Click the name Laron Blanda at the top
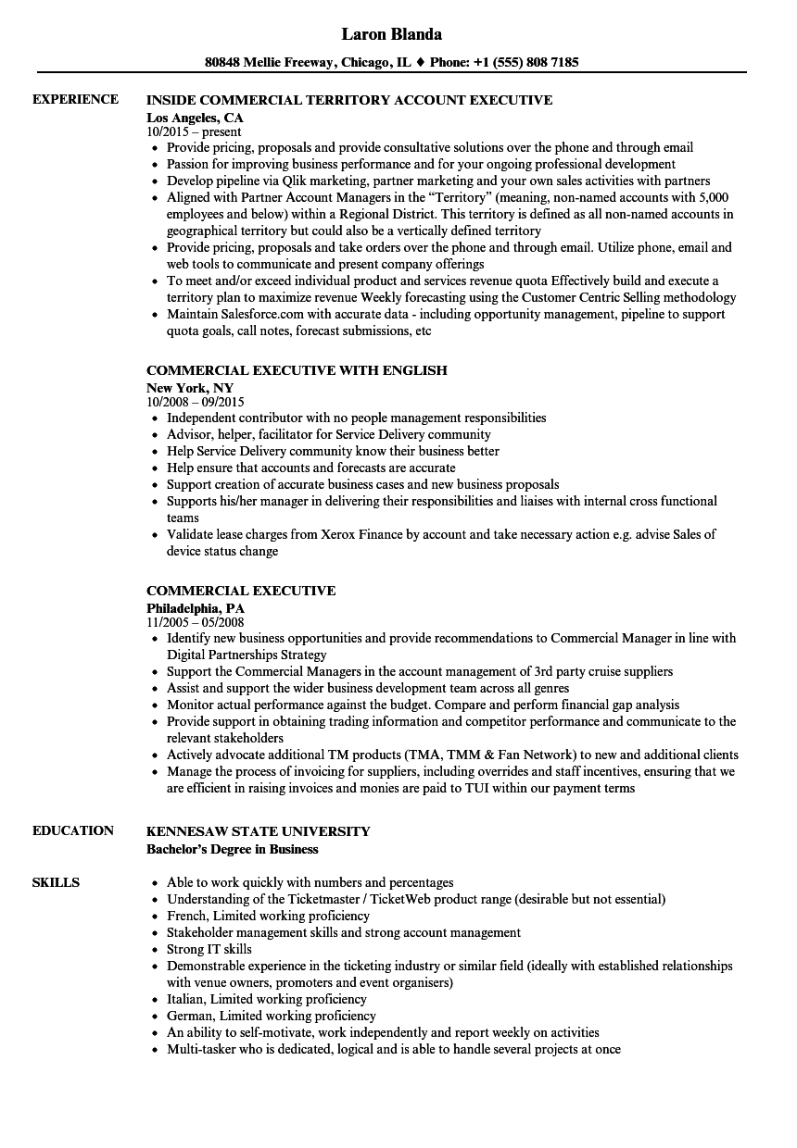[x=391, y=34]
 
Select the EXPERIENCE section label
[x=75, y=99]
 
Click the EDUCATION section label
[x=73, y=830]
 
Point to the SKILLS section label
[x=56, y=882]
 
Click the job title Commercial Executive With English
[x=297, y=370]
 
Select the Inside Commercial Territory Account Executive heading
[x=349, y=100]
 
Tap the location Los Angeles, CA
[x=195, y=118]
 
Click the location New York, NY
[x=190, y=388]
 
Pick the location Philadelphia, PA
[x=196, y=608]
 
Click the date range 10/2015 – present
[x=194, y=132]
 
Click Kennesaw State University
[x=258, y=831]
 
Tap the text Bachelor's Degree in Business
[x=232, y=849]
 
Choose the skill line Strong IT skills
[x=209, y=949]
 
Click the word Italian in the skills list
[x=186, y=999]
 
